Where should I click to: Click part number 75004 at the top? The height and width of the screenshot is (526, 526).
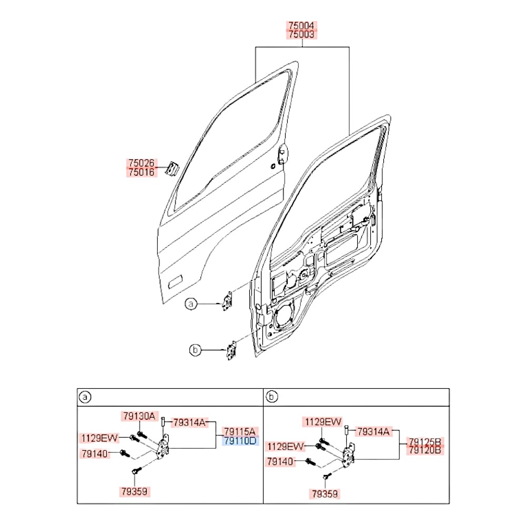click(301, 25)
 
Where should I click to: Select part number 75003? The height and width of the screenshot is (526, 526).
click(301, 34)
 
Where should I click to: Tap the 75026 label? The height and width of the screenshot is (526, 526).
click(141, 163)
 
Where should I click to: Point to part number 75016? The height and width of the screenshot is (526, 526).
click(141, 172)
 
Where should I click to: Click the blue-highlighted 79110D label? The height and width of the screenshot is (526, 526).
click(240, 441)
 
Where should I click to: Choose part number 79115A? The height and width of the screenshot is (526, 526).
click(240, 432)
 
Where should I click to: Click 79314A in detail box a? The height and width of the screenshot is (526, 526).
click(189, 423)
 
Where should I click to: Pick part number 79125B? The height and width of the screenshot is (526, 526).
click(424, 441)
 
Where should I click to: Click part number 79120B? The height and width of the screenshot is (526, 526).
click(424, 450)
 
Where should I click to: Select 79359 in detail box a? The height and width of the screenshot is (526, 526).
click(135, 491)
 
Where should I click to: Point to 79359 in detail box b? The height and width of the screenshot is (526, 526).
click(325, 494)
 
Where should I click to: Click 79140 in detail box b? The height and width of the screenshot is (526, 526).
click(280, 462)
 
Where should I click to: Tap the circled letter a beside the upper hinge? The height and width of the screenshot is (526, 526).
click(191, 304)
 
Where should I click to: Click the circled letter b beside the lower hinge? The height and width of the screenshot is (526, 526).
click(195, 350)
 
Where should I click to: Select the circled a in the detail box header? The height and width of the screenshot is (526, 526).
click(85, 398)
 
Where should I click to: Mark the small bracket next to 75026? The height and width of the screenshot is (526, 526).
click(172, 168)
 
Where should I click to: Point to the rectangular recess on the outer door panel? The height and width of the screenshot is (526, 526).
click(175, 282)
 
